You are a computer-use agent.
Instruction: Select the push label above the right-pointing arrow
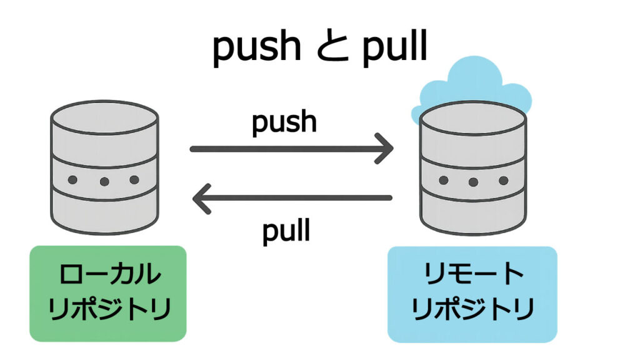284,122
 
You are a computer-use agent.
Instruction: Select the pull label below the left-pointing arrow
286,231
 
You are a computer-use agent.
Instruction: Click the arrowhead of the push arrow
385,149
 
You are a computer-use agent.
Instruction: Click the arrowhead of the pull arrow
201,198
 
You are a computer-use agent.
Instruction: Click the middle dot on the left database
104,182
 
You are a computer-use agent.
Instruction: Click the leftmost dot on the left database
72,180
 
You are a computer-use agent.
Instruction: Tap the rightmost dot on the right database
504,181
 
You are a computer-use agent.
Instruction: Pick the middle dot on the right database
473,183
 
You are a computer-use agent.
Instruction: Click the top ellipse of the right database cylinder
473,117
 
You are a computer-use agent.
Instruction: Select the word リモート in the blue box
473,276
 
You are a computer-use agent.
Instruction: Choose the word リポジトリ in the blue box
473,309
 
